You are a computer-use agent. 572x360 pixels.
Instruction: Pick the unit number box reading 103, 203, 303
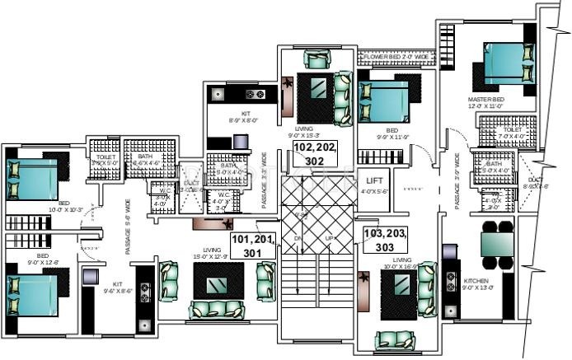pyautogui.click(x=385, y=240)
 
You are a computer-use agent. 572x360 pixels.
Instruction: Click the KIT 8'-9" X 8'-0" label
pyautogui.click(x=245, y=116)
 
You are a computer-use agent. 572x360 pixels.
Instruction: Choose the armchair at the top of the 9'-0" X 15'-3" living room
pyautogui.click(x=316, y=58)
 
